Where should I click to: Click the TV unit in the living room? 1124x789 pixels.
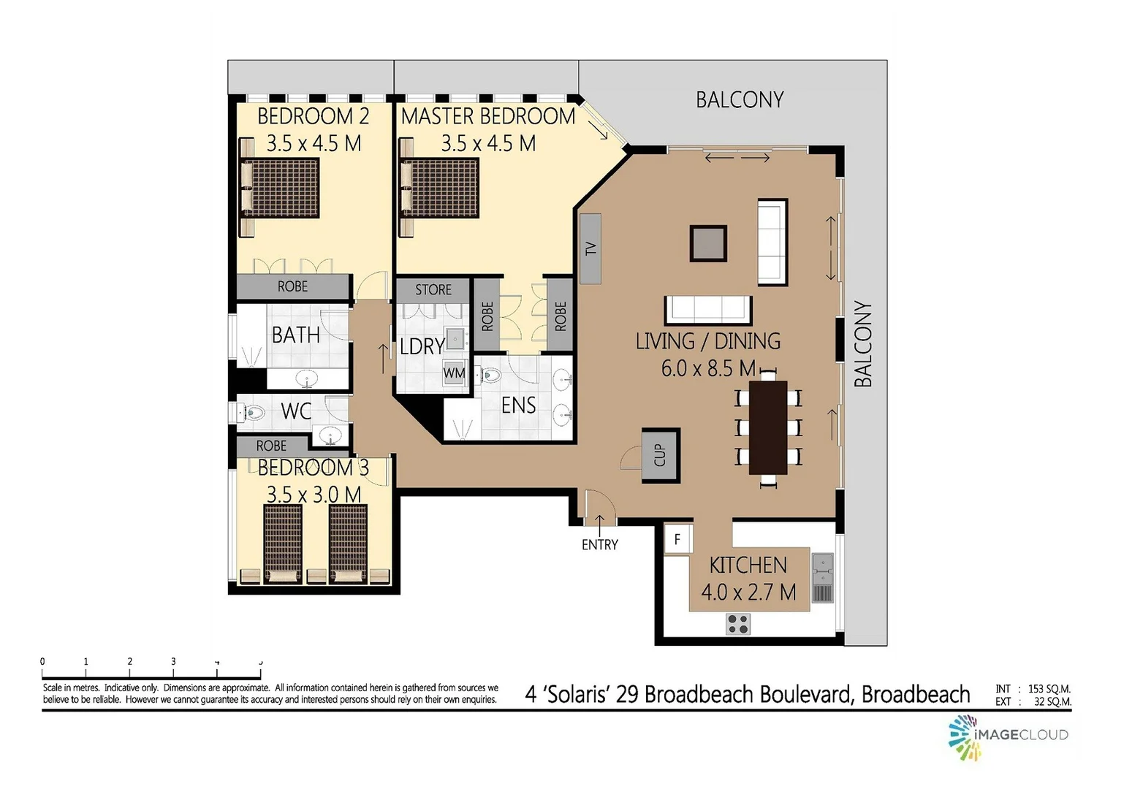coord(591,248)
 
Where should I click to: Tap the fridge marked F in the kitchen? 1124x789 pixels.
coord(677,540)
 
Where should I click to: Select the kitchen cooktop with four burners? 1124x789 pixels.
coord(738,624)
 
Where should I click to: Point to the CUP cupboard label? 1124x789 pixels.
coord(661,454)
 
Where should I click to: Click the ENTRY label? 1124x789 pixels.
coord(599,544)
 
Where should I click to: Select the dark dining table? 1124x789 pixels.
coord(768,427)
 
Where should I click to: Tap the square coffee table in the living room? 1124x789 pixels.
coord(708,243)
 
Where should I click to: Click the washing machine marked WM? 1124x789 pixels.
coord(454,373)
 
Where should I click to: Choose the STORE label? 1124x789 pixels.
coord(433,290)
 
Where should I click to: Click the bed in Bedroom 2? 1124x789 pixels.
coord(280,188)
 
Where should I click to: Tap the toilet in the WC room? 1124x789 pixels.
coord(251,413)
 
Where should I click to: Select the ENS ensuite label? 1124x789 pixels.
coord(518,405)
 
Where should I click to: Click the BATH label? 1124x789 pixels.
coord(296,335)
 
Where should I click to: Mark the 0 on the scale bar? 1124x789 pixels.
coord(42,662)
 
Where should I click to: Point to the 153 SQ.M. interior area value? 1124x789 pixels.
coord(1049,689)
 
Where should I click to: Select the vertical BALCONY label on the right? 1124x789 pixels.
coord(863,343)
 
